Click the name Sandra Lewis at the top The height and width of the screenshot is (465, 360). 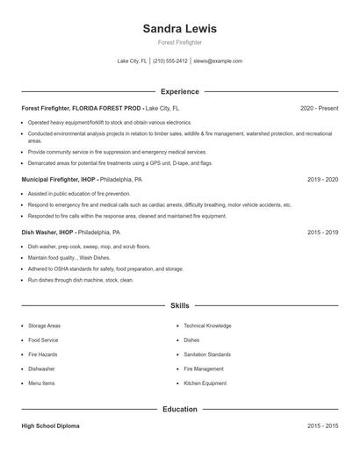pyautogui.click(x=179, y=28)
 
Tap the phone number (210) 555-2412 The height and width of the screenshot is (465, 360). pyautogui.click(x=170, y=61)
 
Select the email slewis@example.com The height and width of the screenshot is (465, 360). pyautogui.click(x=218, y=61)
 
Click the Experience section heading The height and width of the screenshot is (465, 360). pyautogui.click(x=179, y=91)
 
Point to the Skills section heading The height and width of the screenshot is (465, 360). pyautogui.click(x=179, y=305)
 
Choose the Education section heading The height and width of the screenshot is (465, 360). pyautogui.click(x=179, y=409)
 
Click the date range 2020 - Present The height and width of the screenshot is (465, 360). pyautogui.click(x=319, y=108)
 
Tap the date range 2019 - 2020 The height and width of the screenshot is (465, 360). pyautogui.click(x=322, y=179)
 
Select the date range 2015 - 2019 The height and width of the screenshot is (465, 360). pyautogui.click(x=322, y=232)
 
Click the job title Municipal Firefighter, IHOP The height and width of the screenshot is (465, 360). pyautogui.click(x=59, y=179)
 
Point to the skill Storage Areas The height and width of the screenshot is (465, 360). pyautogui.click(x=45, y=325)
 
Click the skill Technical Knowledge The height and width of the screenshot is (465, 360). pyautogui.click(x=207, y=325)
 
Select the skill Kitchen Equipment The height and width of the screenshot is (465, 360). pyautogui.click(x=205, y=383)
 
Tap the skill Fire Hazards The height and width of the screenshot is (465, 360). pyautogui.click(x=42, y=354)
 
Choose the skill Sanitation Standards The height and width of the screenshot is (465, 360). pyautogui.click(x=207, y=354)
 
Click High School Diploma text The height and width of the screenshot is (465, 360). pyautogui.click(x=50, y=426)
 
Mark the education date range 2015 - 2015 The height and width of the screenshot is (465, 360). pyautogui.click(x=322, y=426)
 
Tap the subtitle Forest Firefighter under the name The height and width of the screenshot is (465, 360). pyautogui.click(x=179, y=42)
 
